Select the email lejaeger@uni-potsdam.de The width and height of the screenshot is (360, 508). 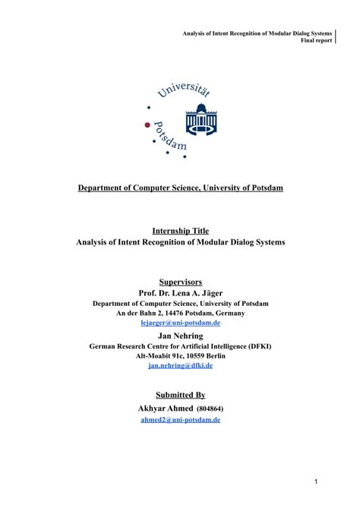(x=180, y=322)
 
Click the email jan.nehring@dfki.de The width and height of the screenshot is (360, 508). (x=180, y=364)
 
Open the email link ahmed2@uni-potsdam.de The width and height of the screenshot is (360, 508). (x=180, y=419)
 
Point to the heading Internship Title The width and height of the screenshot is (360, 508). (x=180, y=230)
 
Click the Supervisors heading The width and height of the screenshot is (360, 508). (x=180, y=281)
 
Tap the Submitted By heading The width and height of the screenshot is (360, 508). (x=180, y=395)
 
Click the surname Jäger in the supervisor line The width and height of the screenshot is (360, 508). (x=211, y=292)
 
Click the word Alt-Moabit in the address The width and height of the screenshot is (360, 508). (x=154, y=355)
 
